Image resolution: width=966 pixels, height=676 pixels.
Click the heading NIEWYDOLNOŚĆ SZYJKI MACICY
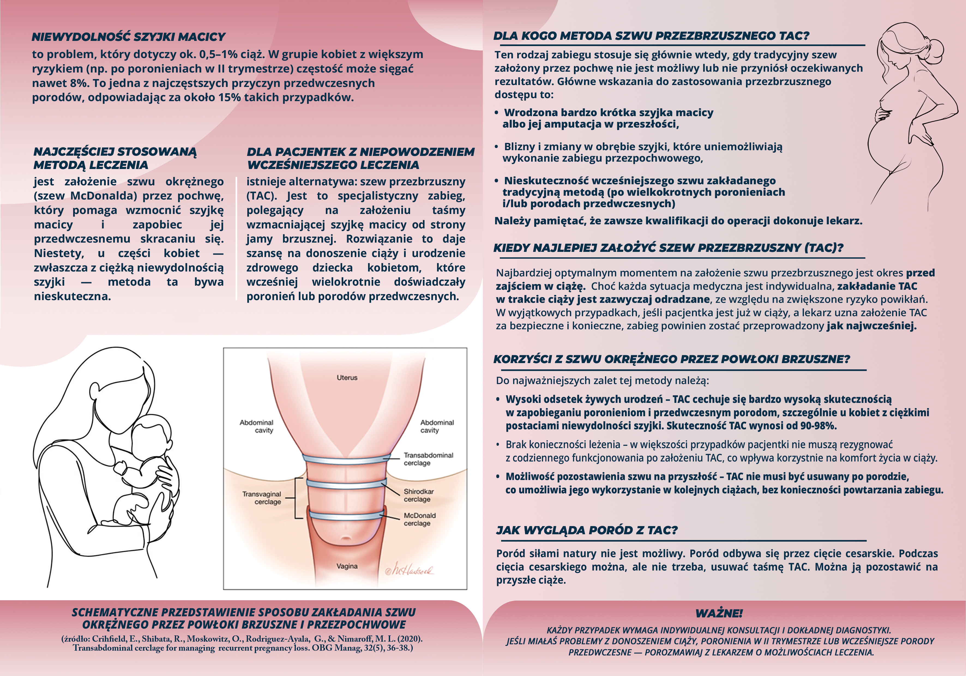(x=128, y=37)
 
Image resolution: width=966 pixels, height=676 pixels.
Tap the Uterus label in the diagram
(x=347, y=378)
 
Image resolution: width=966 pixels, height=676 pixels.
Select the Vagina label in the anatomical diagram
(x=347, y=566)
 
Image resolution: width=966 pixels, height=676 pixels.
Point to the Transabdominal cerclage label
(x=428, y=459)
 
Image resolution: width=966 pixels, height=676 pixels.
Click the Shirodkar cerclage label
(x=418, y=495)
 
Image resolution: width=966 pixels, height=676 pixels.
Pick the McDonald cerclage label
(x=419, y=519)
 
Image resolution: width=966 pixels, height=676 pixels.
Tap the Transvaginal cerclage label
(x=262, y=498)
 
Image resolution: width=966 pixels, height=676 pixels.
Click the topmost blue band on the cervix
(x=346, y=458)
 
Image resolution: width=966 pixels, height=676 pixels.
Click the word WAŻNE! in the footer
(x=719, y=613)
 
